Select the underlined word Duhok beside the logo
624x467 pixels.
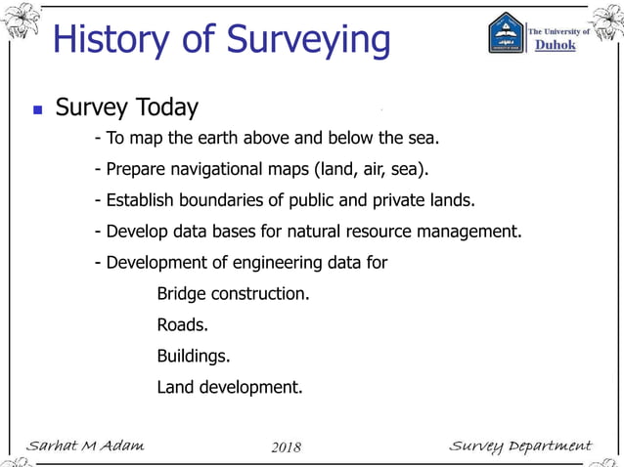pos(555,46)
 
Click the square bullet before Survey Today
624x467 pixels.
pos(37,109)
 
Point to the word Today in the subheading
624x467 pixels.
pos(166,107)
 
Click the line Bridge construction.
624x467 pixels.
pos(233,293)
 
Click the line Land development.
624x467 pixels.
pos(229,387)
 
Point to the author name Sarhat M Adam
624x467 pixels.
pos(85,446)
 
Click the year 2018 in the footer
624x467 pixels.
pos(286,447)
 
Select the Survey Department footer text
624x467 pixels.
pos(519,446)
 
